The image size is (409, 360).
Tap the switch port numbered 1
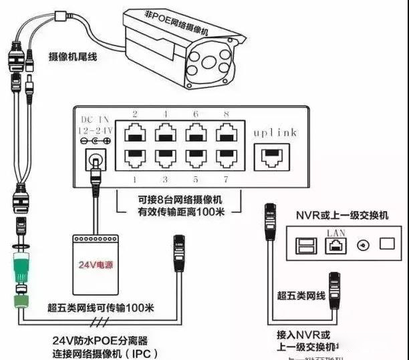click(133, 158)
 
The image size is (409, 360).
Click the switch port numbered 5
click(195, 158)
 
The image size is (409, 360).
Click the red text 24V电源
click(95, 265)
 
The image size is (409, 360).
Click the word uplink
click(274, 132)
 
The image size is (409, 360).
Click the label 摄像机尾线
click(73, 57)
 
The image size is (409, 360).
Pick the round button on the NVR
click(362, 245)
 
